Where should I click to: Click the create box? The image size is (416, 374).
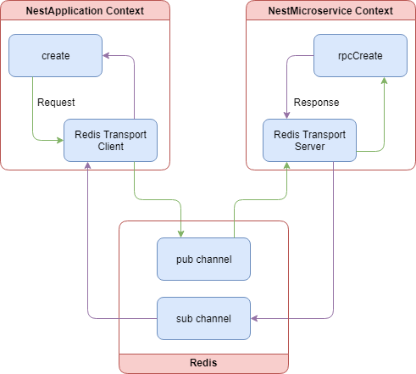[55, 55]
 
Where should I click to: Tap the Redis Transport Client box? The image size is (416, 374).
[110, 140]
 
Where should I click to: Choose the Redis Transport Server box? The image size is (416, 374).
[309, 140]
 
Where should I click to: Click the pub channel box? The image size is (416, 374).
[203, 259]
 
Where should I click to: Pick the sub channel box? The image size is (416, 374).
[203, 318]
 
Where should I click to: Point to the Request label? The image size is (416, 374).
[56, 102]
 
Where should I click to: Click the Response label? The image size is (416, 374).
[316, 102]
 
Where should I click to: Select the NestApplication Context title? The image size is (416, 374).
[85, 11]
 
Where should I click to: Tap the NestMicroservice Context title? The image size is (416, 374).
[330, 11]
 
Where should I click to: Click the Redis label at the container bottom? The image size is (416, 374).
[203, 362]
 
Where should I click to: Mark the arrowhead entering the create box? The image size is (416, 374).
[107, 56]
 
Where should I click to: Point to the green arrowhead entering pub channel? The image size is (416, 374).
[180, 233]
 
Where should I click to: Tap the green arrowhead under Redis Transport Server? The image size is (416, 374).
[287, 166]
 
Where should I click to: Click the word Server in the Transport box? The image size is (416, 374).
[309, 147]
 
